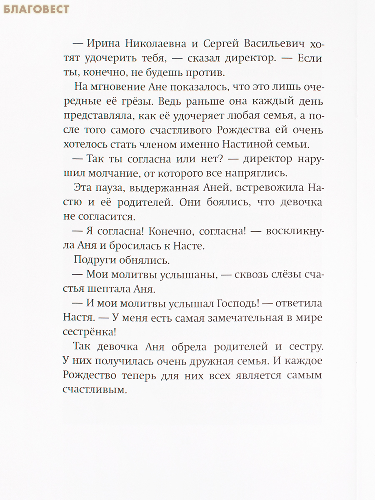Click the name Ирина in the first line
[x=102, y=44]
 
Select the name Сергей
[x=223, y=44]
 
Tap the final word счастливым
[x=94, y=390]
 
